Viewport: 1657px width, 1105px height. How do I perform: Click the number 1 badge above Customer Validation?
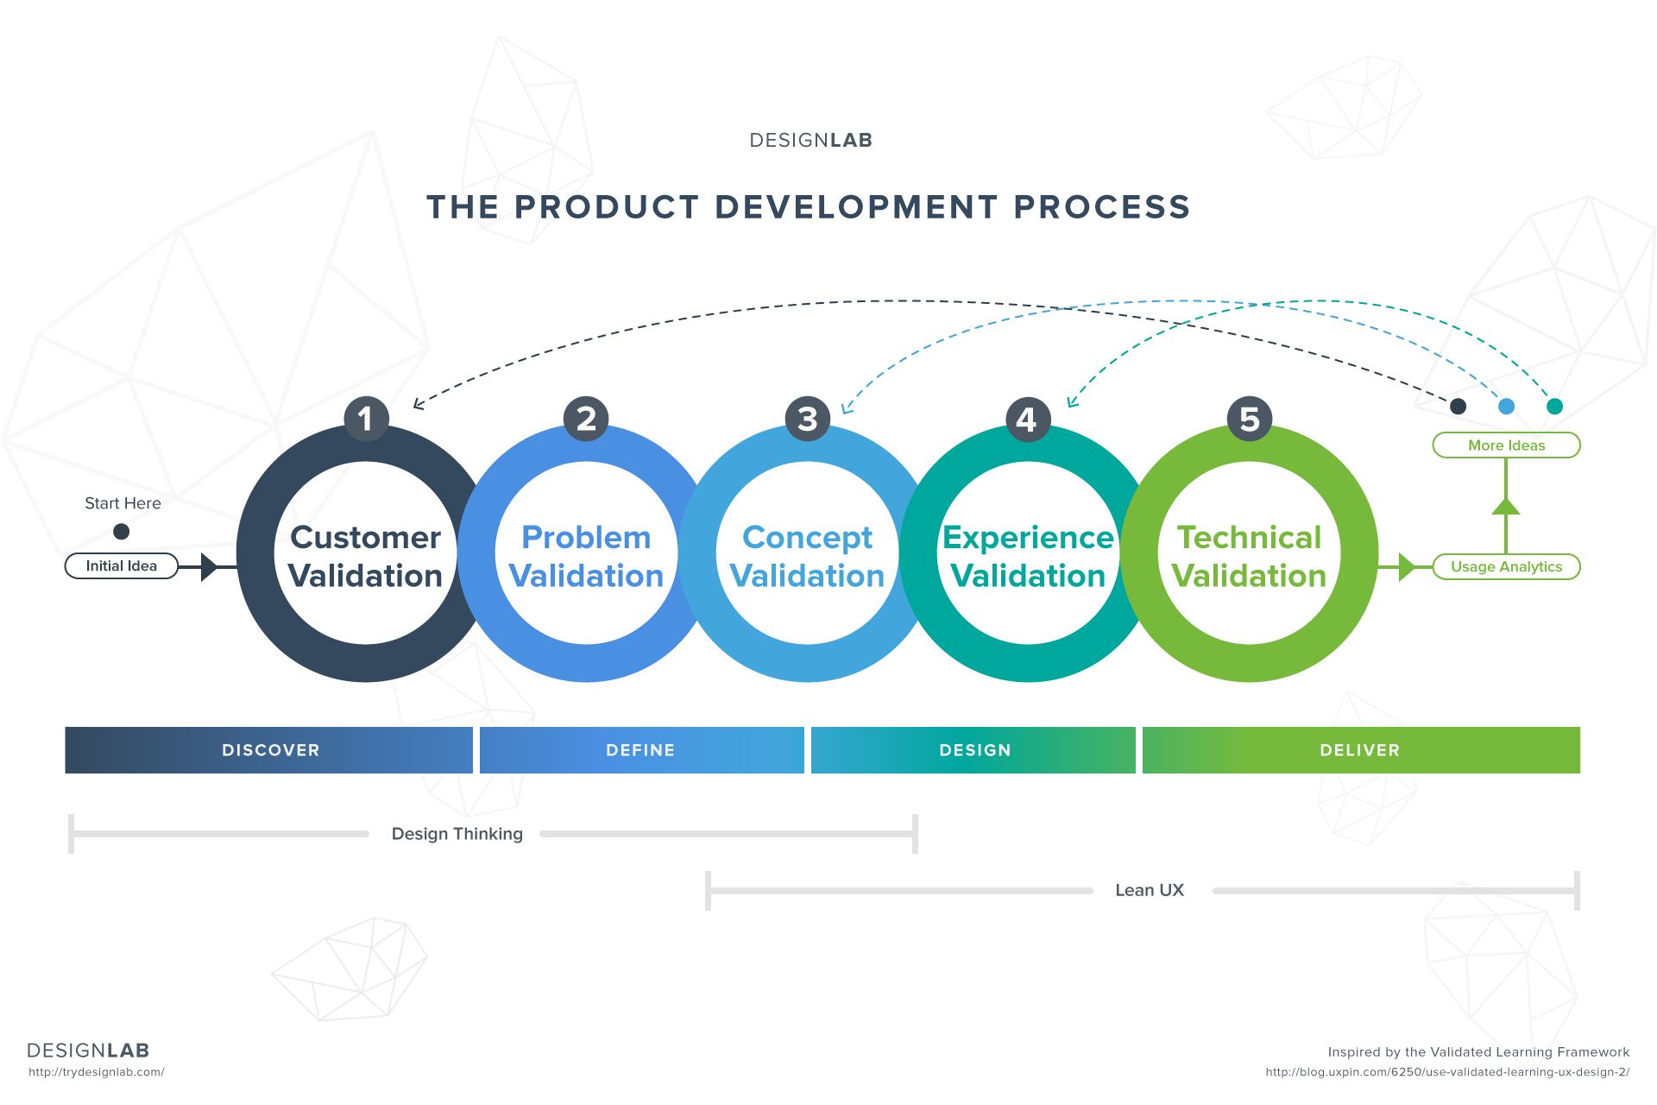(366, 419)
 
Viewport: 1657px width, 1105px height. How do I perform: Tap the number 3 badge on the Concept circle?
(808, 419)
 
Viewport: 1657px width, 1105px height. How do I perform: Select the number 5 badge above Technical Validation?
(1250, 419)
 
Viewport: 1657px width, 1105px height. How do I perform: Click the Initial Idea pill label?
(122, 566)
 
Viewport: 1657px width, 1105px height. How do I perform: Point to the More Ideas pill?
(1506, 445)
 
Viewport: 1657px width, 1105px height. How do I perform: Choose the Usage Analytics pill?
(1506, 567)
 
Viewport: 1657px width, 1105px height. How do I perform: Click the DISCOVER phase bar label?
(271, 750)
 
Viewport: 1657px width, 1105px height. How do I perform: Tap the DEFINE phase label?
(640, 750)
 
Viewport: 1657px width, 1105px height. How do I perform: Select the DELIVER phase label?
(1360, 750)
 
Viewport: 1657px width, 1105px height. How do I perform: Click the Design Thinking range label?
(457, 834)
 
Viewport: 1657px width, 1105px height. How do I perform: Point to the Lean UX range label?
(1150, 890)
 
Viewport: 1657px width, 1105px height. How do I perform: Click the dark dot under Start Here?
(122, 532)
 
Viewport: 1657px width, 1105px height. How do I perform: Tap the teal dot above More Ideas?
(1554, 407)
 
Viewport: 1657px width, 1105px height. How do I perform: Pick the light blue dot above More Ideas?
(1506, 407)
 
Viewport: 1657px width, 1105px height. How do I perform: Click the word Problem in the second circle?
(586, 538)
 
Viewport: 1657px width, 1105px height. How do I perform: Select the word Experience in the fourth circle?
(1028, 538)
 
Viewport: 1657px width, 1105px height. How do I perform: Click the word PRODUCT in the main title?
(607, 207)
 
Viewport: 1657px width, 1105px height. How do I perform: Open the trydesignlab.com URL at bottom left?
(97, 1072)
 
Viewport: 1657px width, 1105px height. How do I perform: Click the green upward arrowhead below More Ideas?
(1506, 507)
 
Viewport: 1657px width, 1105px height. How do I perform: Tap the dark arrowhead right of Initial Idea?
(209, 567)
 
